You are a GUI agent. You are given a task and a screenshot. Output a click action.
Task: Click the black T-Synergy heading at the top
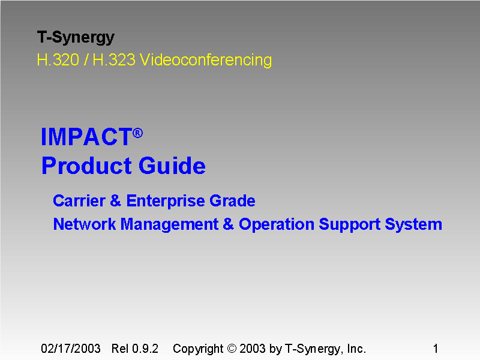(x=76, y=38)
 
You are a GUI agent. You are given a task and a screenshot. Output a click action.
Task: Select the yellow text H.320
(x=58, y=60)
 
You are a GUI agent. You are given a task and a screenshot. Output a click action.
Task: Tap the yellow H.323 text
(x=113, y=60)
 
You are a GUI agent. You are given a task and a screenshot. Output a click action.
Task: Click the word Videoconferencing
(x=205, y=60)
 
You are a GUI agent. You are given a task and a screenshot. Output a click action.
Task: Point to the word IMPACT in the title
(x=86, y=137)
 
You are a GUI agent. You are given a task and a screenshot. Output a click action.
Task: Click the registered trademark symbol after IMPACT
(x=138, y=133)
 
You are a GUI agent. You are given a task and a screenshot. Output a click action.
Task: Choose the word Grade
(x=232, y=200)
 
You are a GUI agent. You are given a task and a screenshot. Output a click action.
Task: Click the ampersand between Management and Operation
(x=228, y=224)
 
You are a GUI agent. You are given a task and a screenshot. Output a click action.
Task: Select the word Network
(x=85, y=224)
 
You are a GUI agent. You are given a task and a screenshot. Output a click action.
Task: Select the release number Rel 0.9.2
(x=135, y=349)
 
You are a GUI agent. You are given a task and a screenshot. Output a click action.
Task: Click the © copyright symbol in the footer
(x=233, y=349)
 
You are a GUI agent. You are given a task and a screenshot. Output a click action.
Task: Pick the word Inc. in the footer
(x=355, y=349)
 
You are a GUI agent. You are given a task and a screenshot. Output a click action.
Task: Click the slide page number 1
(x=436, y=349)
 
